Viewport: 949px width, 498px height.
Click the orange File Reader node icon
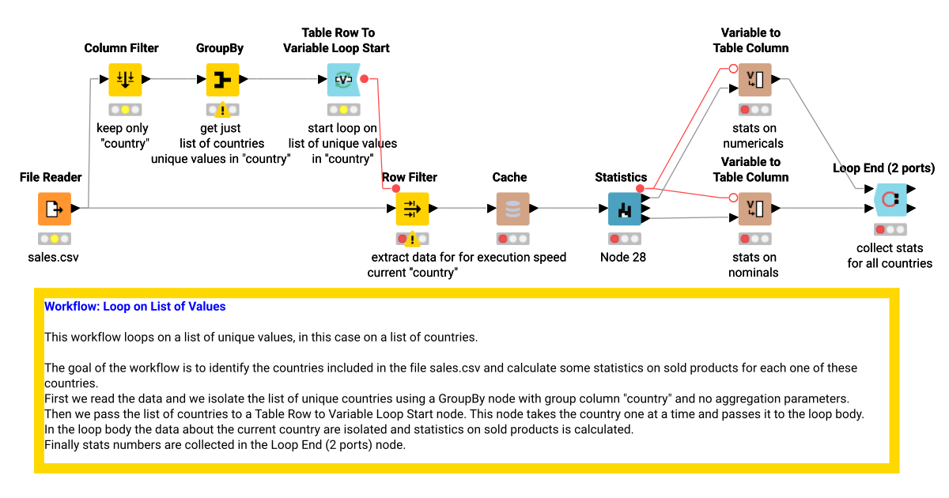coord(55,209)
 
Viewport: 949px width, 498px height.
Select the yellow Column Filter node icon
coord(125,80)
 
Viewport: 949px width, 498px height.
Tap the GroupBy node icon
coord(222,80)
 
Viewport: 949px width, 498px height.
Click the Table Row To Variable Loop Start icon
coord(343,80)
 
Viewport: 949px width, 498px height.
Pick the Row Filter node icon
coord(412,209)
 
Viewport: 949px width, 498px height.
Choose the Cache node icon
coord(512,209)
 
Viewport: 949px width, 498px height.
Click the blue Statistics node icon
coord(625,209)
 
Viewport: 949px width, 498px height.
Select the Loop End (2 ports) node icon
coord(890,199)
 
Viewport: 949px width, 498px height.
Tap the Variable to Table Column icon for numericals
coord(755,80)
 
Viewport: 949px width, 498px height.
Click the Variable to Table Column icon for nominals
coord(755,209)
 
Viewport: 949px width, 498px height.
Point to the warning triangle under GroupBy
coord(222,111)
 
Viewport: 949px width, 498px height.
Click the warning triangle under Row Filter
coord(412,240)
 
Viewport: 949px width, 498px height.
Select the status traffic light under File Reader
coord(55,239)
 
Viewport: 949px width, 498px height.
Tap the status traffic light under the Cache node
coord(512,239)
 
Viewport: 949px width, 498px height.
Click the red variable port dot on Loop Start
coord(364,79)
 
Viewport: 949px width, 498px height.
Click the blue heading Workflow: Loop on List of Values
coord(134,306)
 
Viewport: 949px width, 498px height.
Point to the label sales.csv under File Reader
coord(54,257)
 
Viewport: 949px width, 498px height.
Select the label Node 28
coord(623,257)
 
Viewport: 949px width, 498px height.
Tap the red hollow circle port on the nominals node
coord(733,198)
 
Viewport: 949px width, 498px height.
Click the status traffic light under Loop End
coord(890,229)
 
